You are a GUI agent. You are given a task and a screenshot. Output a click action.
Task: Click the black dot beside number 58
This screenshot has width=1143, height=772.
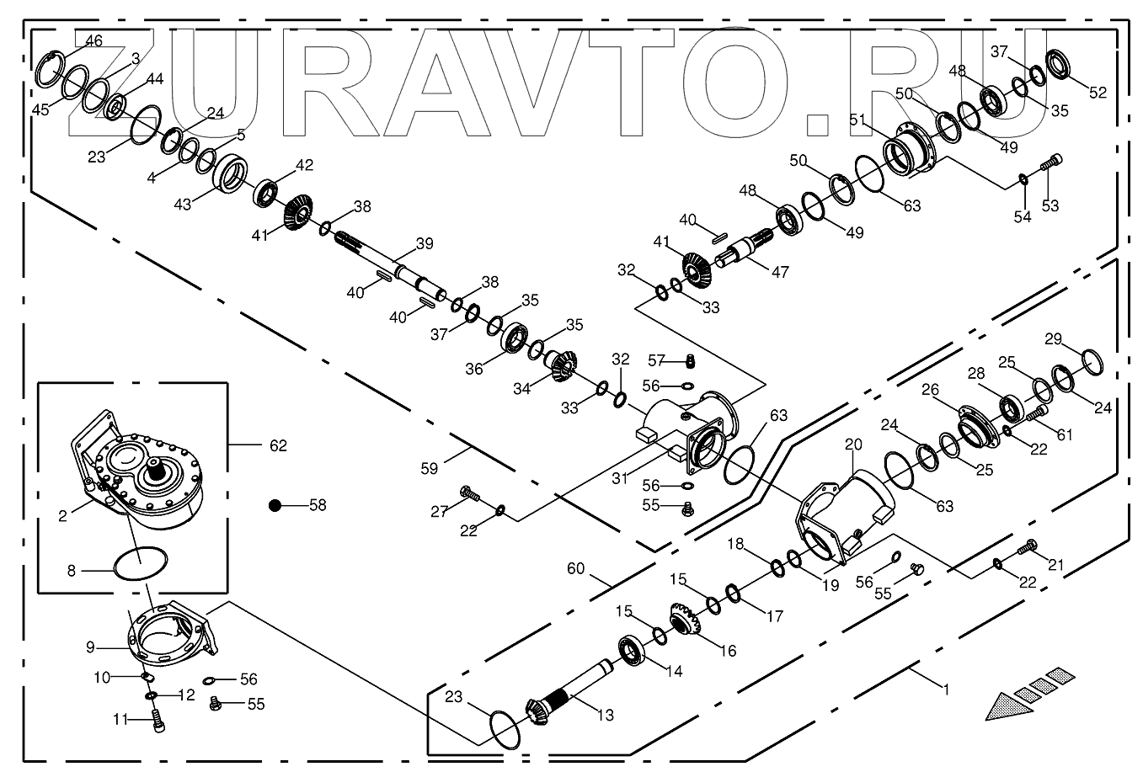(x=275, y=505)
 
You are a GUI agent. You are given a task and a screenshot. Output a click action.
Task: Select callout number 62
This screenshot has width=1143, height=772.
(x=278, y=445)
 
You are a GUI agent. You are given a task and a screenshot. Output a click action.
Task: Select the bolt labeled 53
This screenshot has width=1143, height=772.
(x=1052, y=164)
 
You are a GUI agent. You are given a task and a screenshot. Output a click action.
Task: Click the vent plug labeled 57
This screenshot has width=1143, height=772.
(x=689, y=361)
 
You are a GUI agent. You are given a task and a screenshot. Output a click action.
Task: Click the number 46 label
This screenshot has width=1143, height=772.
(x=93, y=40)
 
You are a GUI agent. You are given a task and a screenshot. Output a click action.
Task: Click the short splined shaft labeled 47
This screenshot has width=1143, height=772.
(x=743, y=250)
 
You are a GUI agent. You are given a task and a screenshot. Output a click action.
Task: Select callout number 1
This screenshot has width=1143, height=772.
(x=946, y=689)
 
